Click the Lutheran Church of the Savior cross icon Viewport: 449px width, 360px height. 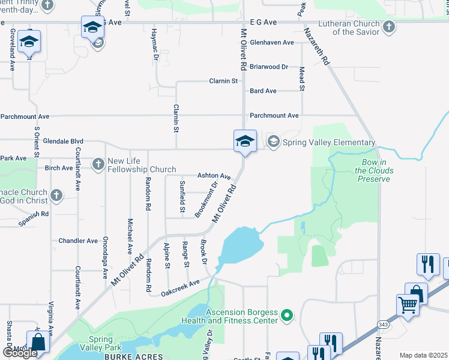[x=389, y=27]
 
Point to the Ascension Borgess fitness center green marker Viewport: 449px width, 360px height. [x=287, y=314]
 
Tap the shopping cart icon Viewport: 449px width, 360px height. [x=408, y=304]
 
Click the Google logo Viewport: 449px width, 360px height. [x=20, y=353]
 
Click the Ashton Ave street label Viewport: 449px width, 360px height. [x=214, y=176]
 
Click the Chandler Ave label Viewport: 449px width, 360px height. [x=78, y=241]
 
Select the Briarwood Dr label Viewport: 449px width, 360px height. [x=269, y=67]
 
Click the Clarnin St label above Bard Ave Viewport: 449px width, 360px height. [x=223, y=80]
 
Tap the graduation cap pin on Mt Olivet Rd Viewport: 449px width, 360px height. [x=245, y=142]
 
